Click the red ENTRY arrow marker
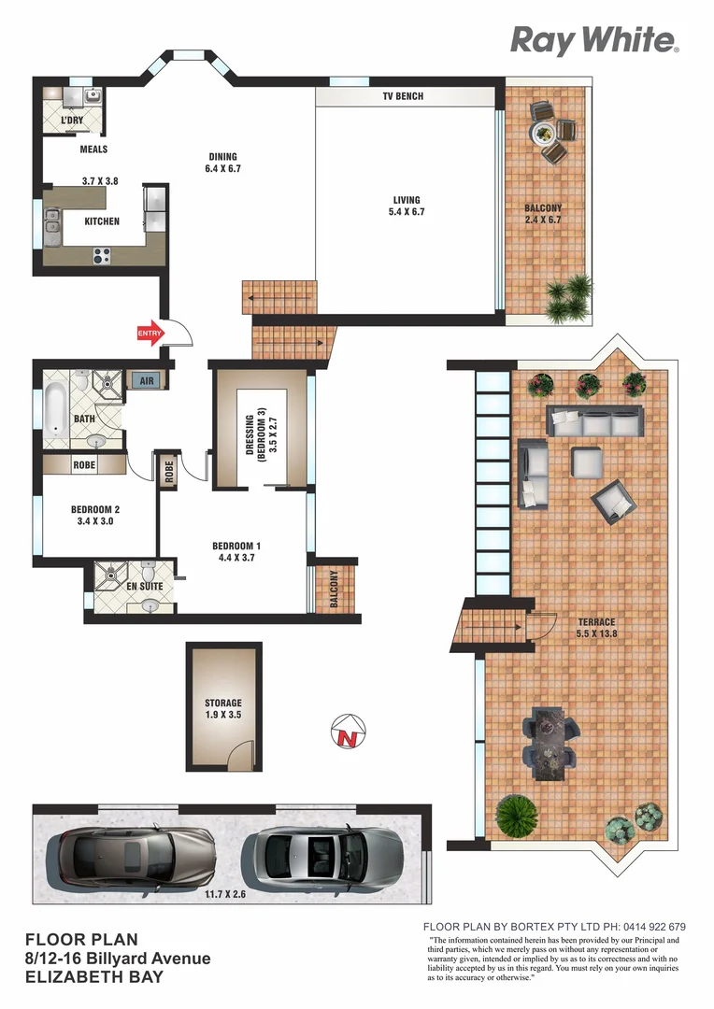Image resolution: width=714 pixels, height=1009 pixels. pos(150,333)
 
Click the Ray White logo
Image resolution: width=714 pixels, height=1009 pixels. pos(593,40)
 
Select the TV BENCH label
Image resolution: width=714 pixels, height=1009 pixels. pos(403,96)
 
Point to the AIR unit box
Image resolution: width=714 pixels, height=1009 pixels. pos(146,380)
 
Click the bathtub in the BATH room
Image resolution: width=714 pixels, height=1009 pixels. pos(56,405)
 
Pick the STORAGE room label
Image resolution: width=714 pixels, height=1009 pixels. pos(223,709)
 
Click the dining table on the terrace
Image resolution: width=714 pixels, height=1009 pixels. pos(547,743)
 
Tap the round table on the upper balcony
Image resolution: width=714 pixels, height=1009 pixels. pos(543,133)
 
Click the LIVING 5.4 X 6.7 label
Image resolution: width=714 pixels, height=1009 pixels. pos(407,206)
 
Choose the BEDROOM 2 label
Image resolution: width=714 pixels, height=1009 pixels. pos(96,515)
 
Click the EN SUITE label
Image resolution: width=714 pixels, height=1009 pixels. pos(145,588)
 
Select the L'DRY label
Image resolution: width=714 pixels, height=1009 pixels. pos(71,121)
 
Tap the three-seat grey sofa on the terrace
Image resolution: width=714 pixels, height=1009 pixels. pos(595,421)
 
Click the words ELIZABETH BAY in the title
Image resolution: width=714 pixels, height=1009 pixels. pos(93,977)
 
